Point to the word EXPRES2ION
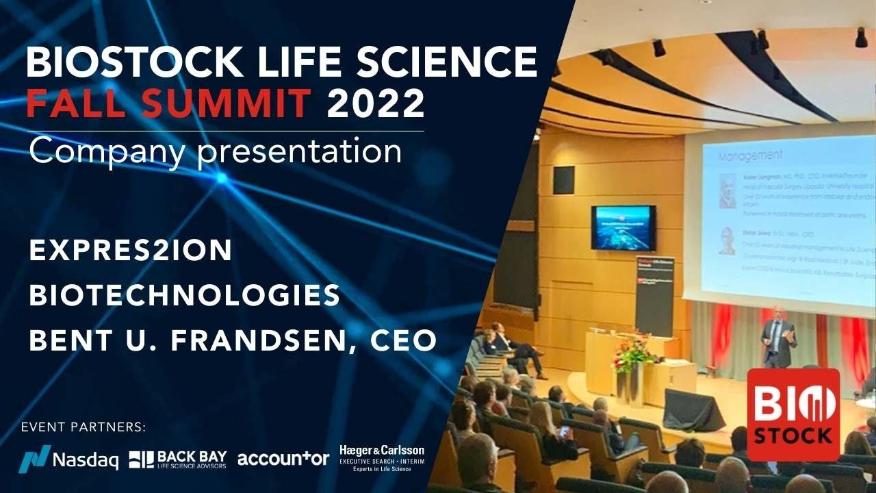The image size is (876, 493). pos(131,251)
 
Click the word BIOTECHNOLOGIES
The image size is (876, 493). pos(185,296)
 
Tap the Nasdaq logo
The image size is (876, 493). pos(68,458)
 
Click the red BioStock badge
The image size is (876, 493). pos(793,414)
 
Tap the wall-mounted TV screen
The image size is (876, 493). pos(623,228)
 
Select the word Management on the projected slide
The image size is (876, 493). pos(749,157)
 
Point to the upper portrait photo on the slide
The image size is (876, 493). pos(727,190)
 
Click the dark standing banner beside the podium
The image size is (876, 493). pos(654,295)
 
